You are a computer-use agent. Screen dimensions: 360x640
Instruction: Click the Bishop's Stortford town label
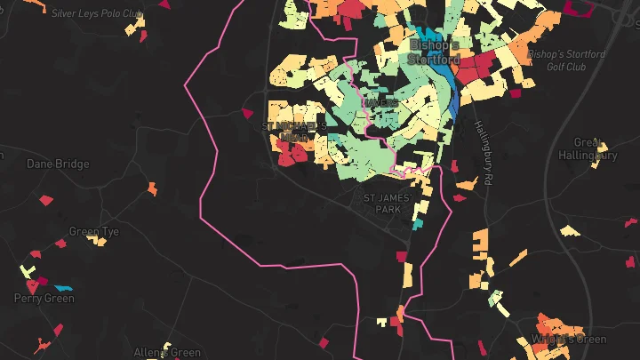[x=433, y=52]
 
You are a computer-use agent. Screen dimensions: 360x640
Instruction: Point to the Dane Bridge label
[x=58, y=164]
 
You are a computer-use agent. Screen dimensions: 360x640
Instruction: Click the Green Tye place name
[x=93, y=232]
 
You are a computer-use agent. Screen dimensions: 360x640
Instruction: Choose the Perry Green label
[x=44, y=299]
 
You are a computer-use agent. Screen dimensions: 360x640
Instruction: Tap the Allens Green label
[x=167, y=353]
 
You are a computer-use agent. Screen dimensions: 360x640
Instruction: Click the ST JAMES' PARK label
[x=384, y=203]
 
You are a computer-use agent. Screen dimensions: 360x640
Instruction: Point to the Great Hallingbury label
[x=595, y=148]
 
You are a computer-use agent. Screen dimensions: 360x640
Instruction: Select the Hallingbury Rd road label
[x=482, y=153]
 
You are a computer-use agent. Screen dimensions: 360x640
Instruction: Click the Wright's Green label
[x=568, y=340]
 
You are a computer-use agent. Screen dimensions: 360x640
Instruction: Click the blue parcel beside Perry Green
[x=62, y=288]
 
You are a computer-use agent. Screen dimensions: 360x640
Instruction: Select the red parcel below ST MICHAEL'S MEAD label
[x=292, y=155]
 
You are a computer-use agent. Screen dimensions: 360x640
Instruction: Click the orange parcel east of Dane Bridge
[x=152, y=188]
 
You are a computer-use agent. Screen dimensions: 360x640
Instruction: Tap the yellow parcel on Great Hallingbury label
[x=602, y=148]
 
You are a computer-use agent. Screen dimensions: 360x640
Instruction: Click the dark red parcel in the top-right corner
[x=583, y=8]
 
